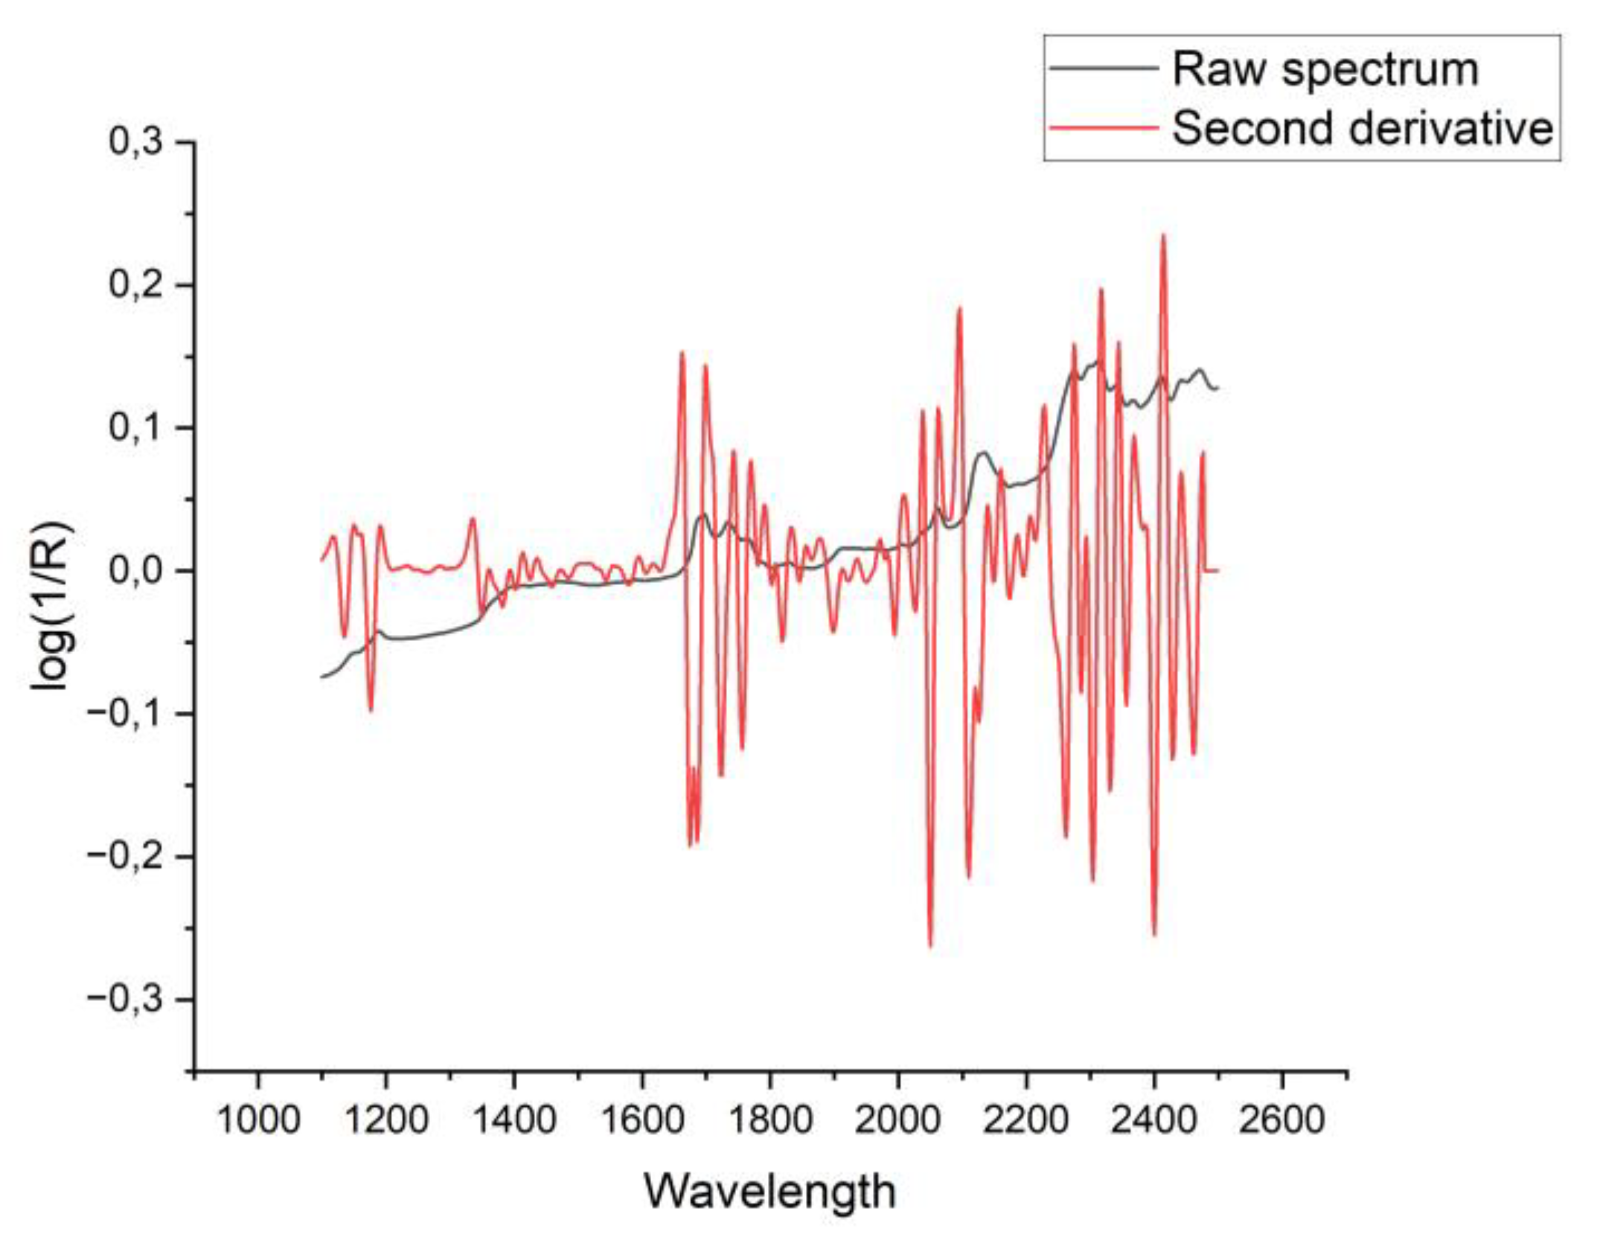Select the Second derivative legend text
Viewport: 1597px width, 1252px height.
point(1363,128)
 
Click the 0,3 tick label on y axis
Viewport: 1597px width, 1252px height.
point(135,141)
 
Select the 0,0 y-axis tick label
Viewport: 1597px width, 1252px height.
point(135,571)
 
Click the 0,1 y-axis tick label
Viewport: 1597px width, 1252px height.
point(135,428)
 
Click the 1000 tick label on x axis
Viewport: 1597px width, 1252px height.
point(258,1119)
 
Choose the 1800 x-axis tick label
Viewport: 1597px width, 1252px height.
point(770,1119)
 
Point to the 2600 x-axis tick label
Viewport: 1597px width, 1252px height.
point(1282,1119)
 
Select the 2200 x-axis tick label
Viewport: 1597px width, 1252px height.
point(1026,1119)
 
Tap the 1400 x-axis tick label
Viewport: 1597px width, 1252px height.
point(514,1119)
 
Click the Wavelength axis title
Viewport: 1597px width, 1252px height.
point(769,1192)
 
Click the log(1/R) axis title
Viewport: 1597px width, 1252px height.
point(52,606)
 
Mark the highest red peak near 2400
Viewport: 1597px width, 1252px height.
point(1163,236)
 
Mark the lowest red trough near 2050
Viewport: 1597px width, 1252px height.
point(930,946)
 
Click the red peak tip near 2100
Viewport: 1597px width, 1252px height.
point(960,308)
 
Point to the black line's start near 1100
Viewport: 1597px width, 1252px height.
point(322,677)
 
